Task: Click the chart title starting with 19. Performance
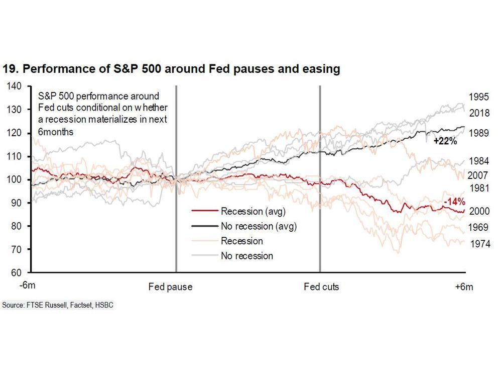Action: pyautogui.click(x=171, y=69)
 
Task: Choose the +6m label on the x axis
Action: pyautogui.click(x=464, y=287)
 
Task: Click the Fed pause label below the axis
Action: pyautogui.click(x=171, y=287)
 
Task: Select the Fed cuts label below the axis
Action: pyautogui.click(x=321, y=287)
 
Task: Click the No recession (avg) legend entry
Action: pyautogui.click(x=259, y=226)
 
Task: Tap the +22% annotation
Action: pyautogui.click(x=445, y=142)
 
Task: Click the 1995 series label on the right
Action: pyautogui.click(x=479, y=97)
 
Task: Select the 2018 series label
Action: pyautogui.click(x=479, y=113)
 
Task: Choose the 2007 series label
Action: pyautogui.click(x=479, y=176)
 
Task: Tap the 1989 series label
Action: pyautogui.click(x=479, y=133)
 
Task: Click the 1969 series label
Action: pyautogui.click(x=479, y=227)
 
